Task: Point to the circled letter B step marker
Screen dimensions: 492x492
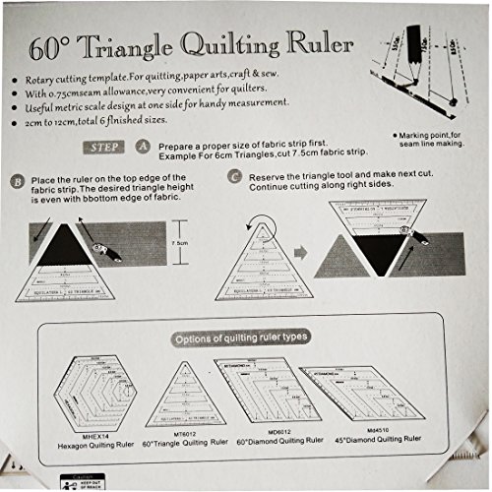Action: pos(19,182)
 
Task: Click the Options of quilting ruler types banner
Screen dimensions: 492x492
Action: pos(240,338)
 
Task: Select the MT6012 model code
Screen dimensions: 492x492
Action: pos(181,429)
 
